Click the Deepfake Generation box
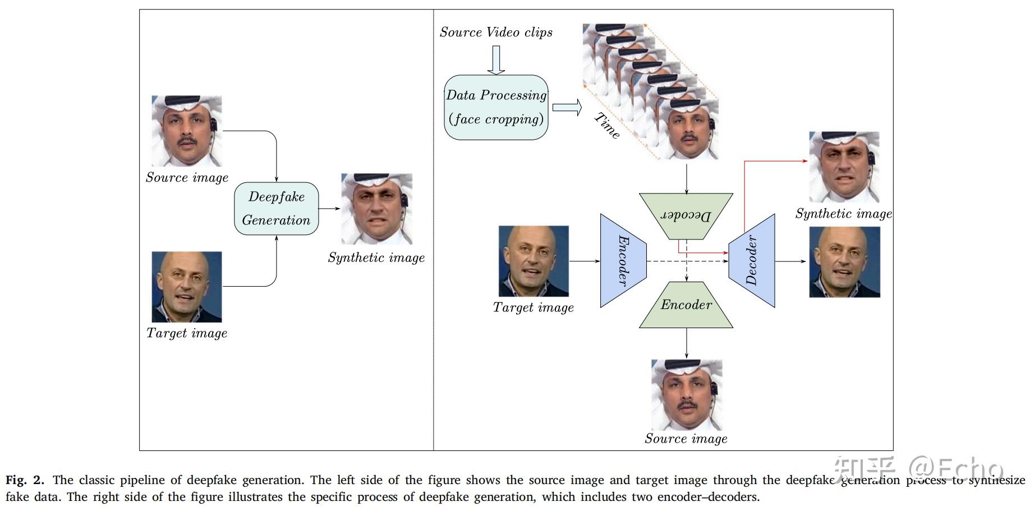pos(276,208)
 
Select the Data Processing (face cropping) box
pos(496,107)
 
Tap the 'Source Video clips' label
pos(496,33)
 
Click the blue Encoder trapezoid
pos(623,260)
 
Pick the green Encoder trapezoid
pos(686,305)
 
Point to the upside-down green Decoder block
pos(686,215)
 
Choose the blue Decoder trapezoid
pos(752,260)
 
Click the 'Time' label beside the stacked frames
pos(608,126)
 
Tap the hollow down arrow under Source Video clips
pos(496,60)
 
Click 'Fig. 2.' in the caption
pos(25,480)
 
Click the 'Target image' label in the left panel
pos(187,333)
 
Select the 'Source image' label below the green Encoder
pos(686,439)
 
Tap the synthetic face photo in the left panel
pos(376,209)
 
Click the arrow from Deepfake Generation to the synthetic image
pos(329,209)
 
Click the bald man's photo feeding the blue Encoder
pos(534,261)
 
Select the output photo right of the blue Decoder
pos(844,261)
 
